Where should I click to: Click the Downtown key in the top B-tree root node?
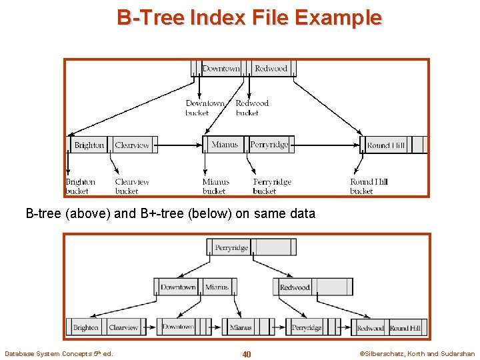click(221, 69)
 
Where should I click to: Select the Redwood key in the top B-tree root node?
click(271, 69)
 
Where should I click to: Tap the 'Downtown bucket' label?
click(205, 108)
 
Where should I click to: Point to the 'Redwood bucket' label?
click(252, 108)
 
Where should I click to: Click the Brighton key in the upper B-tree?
click(89, 145)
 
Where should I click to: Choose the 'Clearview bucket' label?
click(132, 187)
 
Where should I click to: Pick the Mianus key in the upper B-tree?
click(224, 145)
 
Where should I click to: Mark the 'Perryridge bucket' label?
click(272, 187)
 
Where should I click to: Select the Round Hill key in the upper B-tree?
click(386, 145)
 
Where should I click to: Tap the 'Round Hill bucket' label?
click(369, 187)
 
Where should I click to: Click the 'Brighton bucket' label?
click(80, 187)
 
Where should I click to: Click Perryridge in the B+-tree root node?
click(231, 248)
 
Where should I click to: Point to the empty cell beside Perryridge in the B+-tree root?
click(275, 248)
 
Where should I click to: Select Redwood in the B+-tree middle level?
click(295, 287)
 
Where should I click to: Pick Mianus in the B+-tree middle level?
click(217, 287)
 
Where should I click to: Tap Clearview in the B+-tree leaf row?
click(123, 327)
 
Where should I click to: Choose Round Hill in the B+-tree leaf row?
click(405, 328)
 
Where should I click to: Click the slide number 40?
click(247, 354)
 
